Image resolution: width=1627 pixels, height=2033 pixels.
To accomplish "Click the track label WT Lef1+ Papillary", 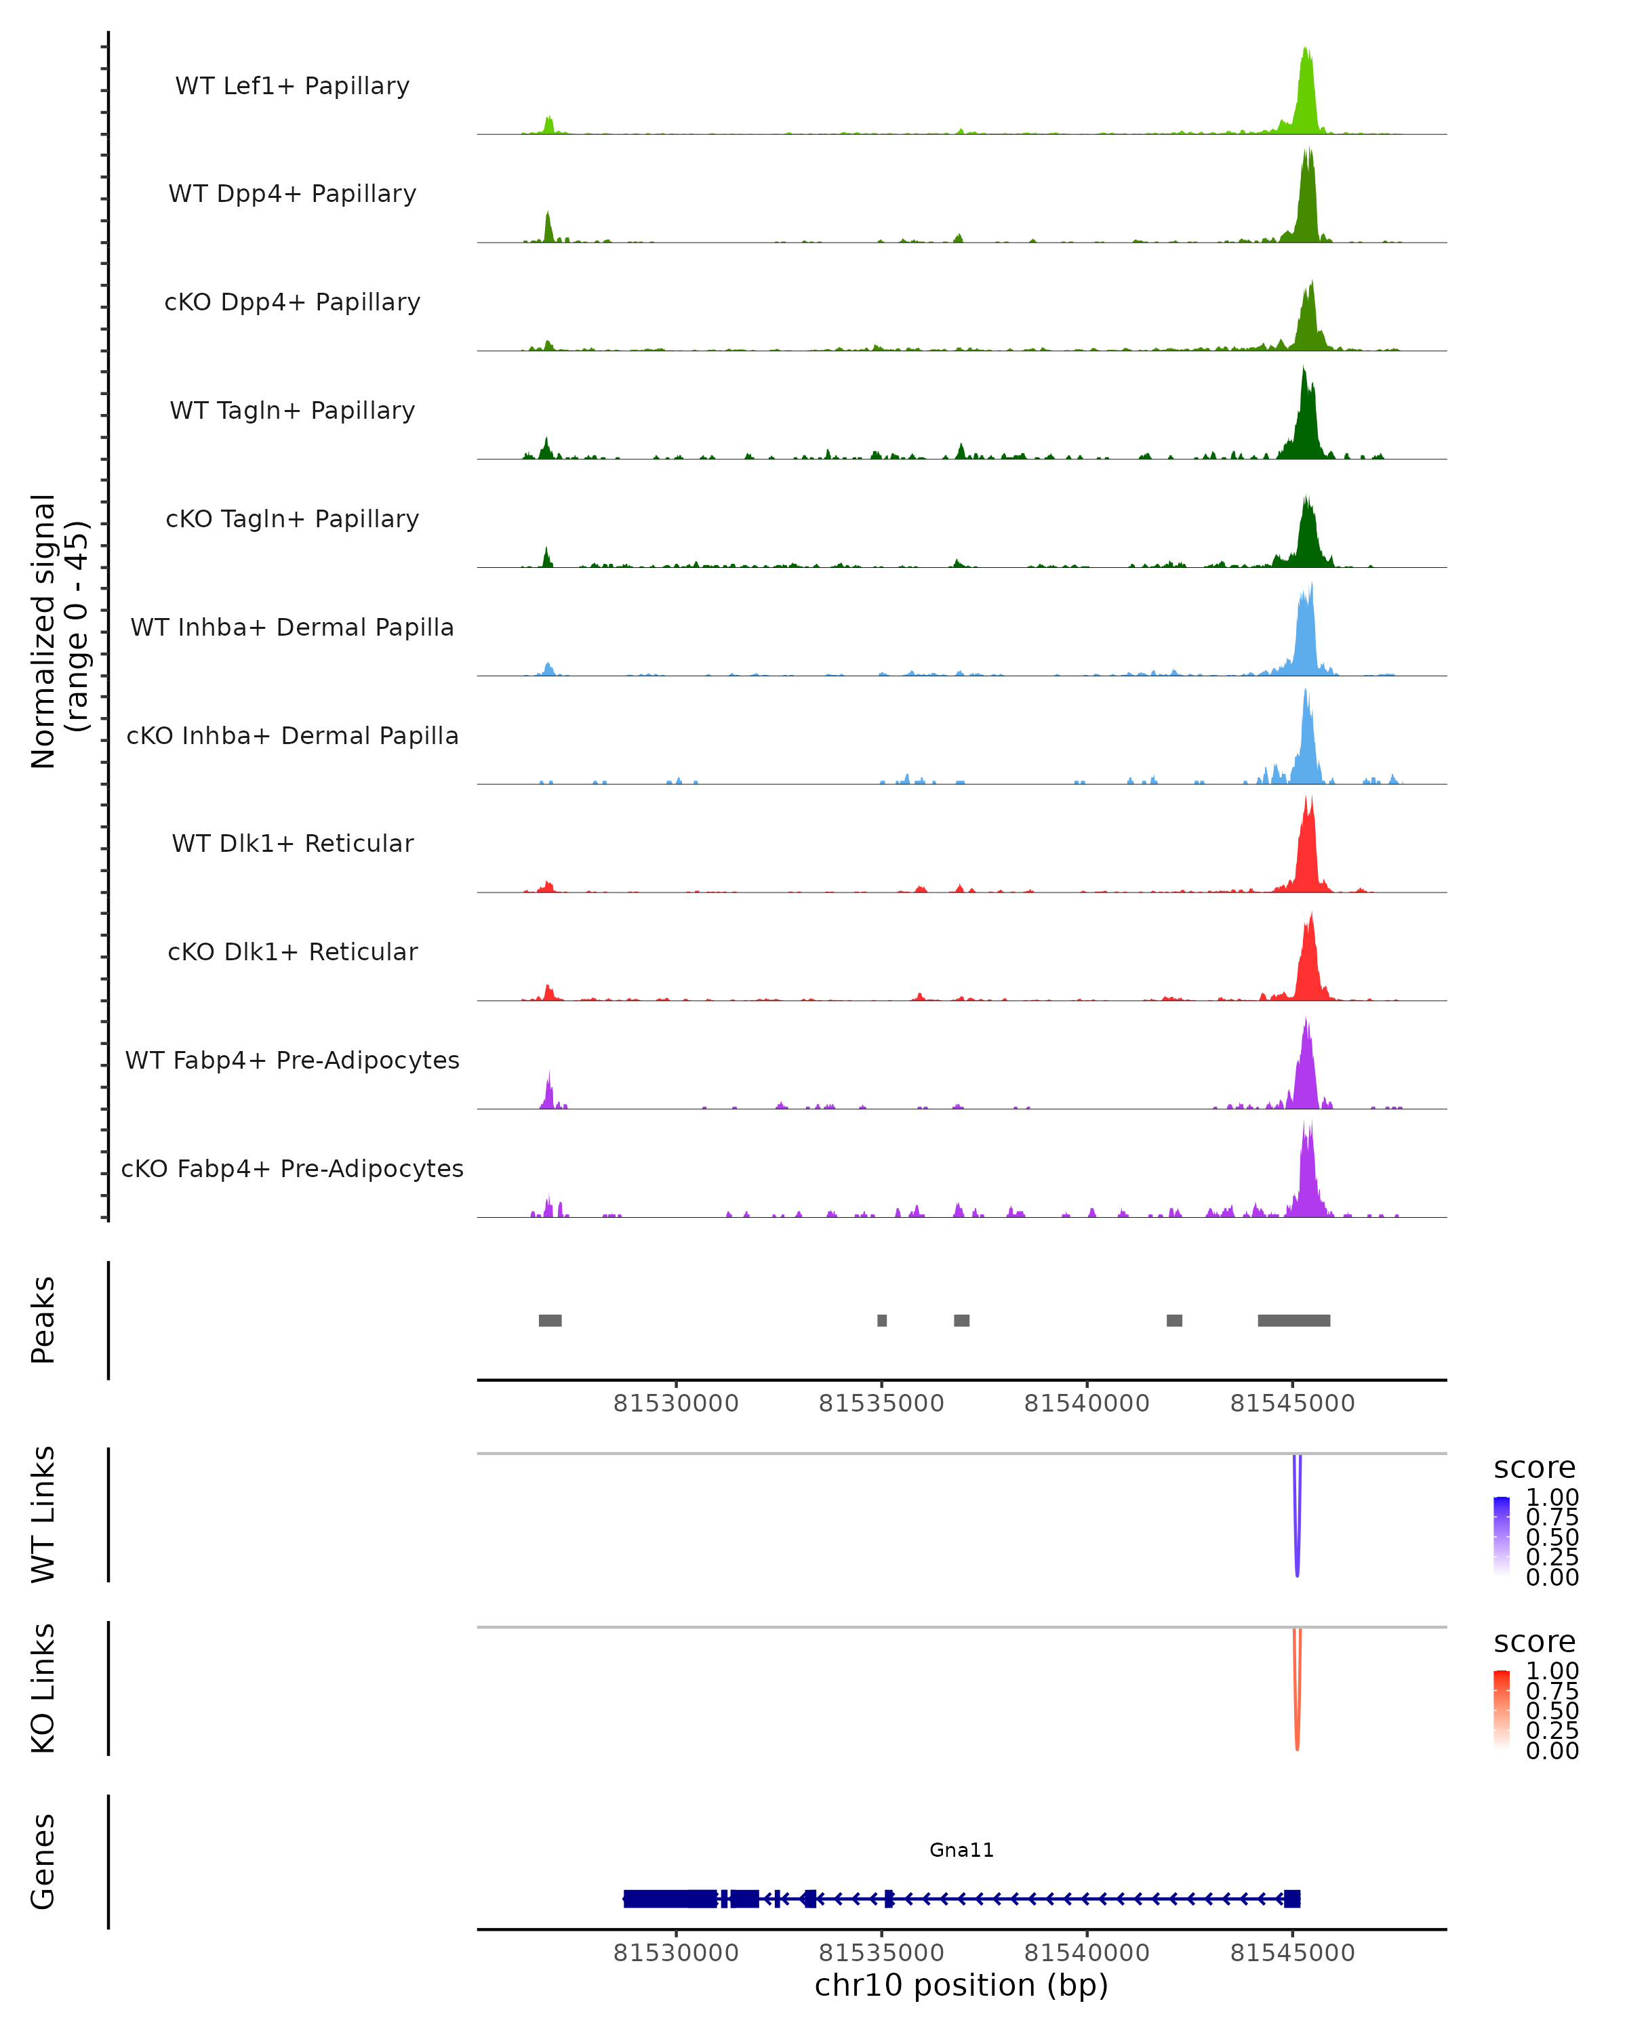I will tap(292, 86).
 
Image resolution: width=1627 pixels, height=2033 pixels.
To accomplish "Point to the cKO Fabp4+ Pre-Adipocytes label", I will tap(292, 1168).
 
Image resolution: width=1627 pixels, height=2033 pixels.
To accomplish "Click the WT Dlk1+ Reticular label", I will tap(292, 844).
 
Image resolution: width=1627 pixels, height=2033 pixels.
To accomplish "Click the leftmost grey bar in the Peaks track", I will tap(550, 1320).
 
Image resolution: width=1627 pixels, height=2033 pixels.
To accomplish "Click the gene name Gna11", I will tap(961, 1850).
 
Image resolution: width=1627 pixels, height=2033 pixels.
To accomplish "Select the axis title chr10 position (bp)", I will tap(961, 1985).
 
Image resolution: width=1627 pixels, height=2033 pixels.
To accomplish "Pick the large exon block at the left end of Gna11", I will tap(670, 1898).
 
